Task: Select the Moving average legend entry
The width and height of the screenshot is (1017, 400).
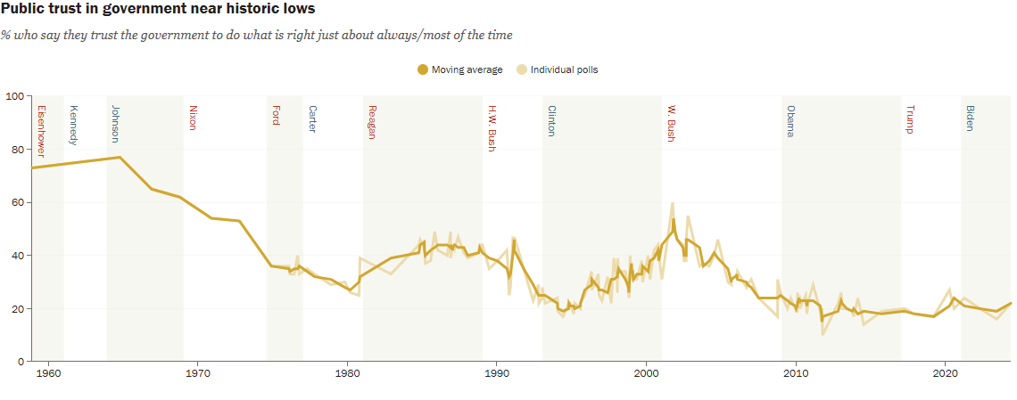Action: click(460, 69)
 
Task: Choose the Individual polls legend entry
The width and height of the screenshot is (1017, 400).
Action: click(559, 69)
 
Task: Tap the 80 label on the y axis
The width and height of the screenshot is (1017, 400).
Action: click(16, 150)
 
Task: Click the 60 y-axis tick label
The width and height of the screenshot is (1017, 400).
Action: click(16, 202)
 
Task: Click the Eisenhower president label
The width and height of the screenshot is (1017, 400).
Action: click(41, 131)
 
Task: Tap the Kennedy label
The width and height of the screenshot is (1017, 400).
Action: click(74, 126)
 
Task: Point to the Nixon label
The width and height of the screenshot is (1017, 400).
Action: click(193, 118)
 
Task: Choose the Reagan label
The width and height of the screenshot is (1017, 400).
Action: click(371, 122)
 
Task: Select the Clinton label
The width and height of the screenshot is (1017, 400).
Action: click(551, 121)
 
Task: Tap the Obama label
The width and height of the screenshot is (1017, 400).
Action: click(790, 121)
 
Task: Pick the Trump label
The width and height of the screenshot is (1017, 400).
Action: click(910, 119)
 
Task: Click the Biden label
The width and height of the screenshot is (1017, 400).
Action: click(970, 119)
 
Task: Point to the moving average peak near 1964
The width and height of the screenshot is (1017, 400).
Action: click(120, 158)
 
